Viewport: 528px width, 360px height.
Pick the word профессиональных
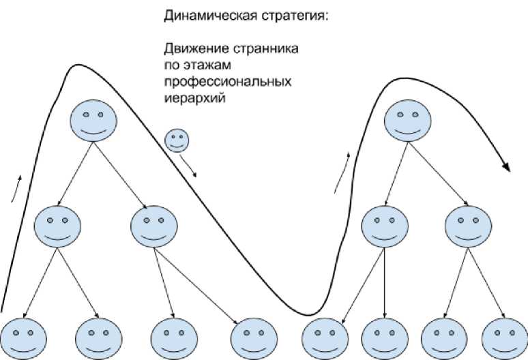228,82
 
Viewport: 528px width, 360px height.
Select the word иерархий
194,98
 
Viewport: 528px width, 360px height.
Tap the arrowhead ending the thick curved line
507,167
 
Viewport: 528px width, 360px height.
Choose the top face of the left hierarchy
93,119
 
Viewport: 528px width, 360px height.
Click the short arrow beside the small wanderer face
189,166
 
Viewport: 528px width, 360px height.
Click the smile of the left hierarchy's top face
93,130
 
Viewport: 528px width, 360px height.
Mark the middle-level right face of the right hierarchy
467,226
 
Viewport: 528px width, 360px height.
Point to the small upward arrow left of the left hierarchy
16,187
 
